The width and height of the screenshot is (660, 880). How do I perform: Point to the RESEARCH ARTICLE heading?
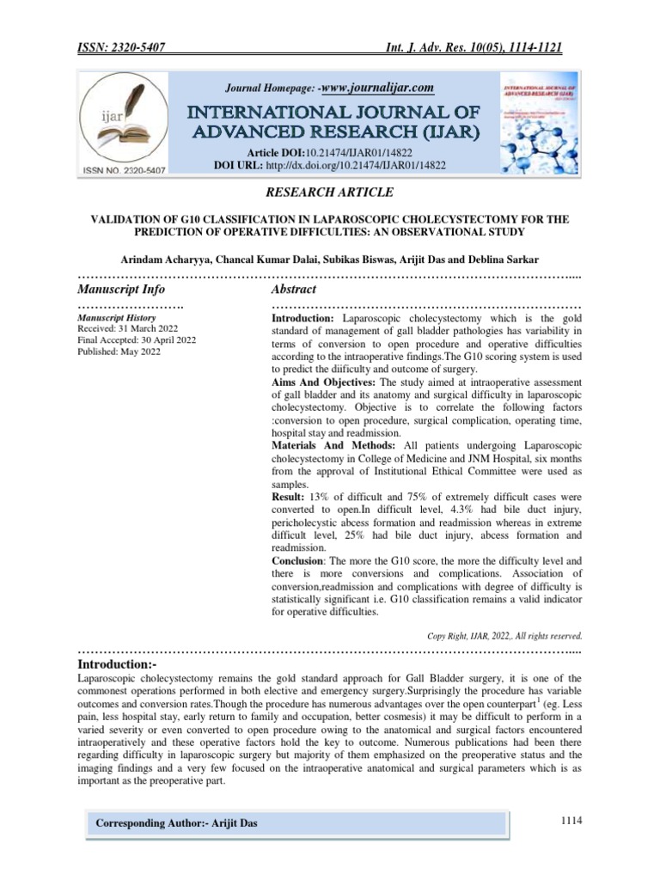[331, 192]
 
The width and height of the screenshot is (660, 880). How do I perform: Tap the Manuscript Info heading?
[121, 290]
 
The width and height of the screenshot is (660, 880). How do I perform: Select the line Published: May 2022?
[119, 351]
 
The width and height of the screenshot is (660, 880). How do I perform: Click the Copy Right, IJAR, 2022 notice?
[504, 637]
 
